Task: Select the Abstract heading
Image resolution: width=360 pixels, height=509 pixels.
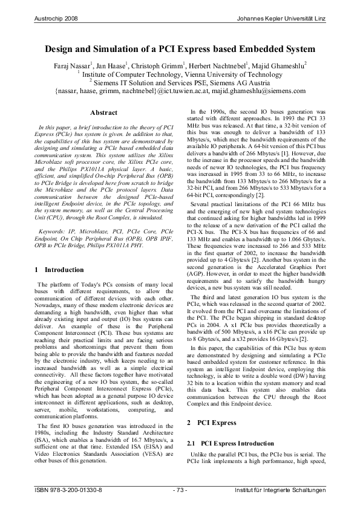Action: pos(103,112)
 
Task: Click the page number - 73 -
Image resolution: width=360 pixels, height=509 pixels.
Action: pos(180,488)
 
